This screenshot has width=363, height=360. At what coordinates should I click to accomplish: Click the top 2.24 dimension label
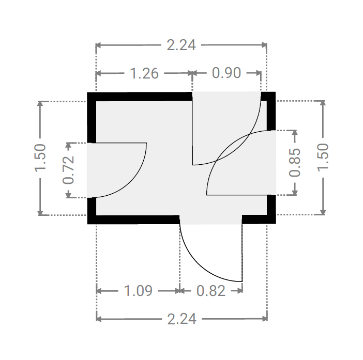pos(182,45)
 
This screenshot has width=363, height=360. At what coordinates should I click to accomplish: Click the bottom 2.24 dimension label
pos(182,319)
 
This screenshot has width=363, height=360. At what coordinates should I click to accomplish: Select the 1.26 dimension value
pos(144,73)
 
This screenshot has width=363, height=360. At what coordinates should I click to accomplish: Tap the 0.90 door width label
pos(226,73)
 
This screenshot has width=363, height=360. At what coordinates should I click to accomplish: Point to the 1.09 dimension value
pos(138,291)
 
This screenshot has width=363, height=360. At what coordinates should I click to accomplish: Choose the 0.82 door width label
pos(210,291)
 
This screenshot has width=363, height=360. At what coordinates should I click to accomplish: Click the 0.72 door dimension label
pos(68,170)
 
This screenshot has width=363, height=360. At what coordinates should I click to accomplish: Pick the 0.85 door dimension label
pos(295,163)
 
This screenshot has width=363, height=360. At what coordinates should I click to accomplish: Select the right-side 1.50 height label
pos(323,158)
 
